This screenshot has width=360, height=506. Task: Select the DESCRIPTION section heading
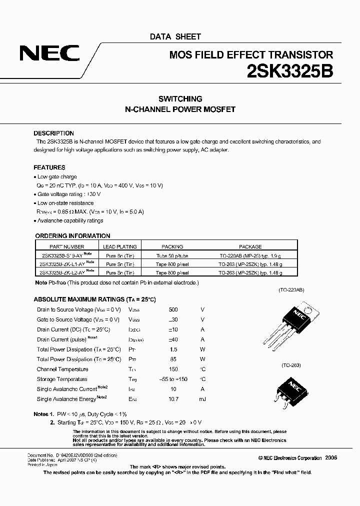coord(53,133)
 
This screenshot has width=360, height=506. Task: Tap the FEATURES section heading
coord(49,167)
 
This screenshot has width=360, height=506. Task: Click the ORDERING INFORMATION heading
coord(73,236)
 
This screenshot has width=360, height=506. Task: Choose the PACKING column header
coord(172,246)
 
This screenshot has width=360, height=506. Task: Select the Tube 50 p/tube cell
coord(172,255)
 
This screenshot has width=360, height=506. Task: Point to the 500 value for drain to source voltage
coord(173,310)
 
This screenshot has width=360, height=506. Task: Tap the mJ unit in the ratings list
coord(202,399)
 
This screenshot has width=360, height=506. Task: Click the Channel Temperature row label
coord(62,369)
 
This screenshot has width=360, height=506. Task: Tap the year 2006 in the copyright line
coord(331,458)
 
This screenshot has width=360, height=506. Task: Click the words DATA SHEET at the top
coord(175,36)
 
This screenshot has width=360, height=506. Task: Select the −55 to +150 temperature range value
coord(173,379)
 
